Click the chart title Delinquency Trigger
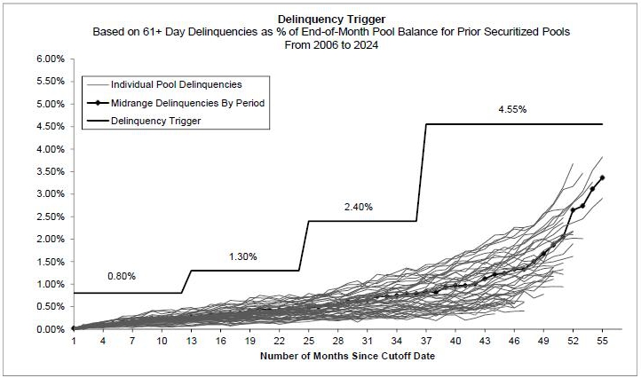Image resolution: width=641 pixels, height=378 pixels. pyautogui.click(x=320, y=17)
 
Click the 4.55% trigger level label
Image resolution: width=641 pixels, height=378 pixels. pyautogui.click(x=513, y=110)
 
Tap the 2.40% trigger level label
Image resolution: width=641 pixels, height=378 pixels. pyautogui.click(x=359, y=207)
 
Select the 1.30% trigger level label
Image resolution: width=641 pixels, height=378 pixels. pyautogui.click(x=242, y=256)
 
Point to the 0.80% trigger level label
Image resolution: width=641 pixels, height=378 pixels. pyautogui.click(x=121, y=276)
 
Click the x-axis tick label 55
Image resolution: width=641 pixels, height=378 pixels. pyautogui.click(x=602, y=341)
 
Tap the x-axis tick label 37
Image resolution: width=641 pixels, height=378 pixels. pyautogui.click(x=426, y=341)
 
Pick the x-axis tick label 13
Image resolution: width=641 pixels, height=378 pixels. pyautogui.click(x=191, y=341)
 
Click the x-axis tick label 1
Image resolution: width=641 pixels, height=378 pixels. pyautogui.click(x=74, y=341)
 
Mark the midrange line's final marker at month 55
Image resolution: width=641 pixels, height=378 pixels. pyautogui.click(x=602, y=177)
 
